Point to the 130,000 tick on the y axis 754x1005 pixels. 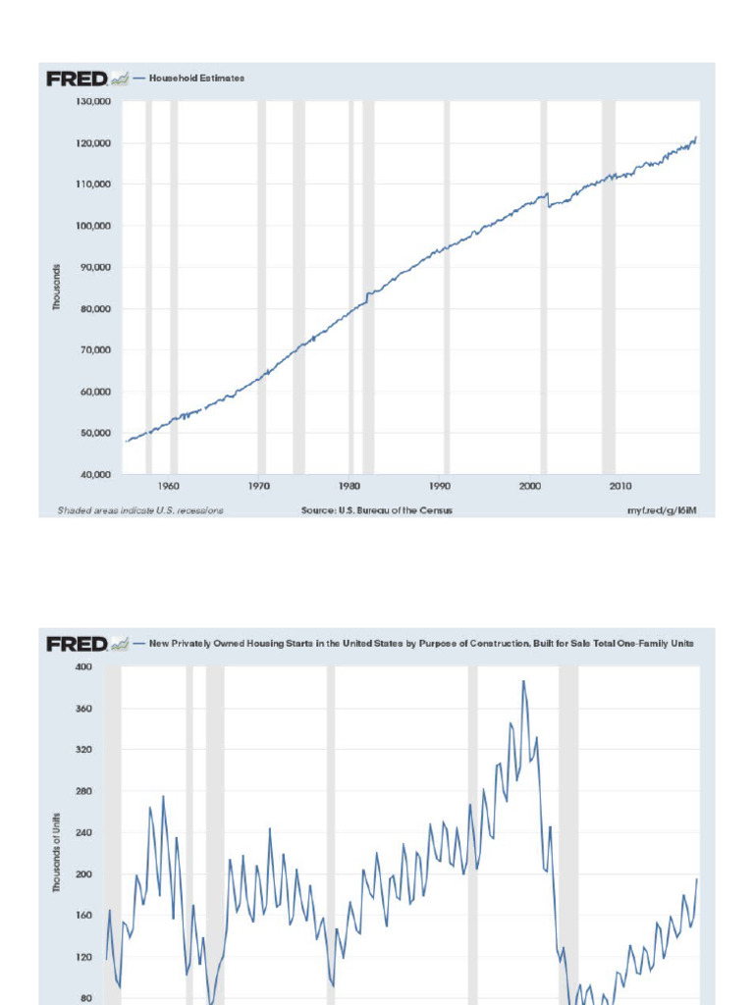tap(94, 101)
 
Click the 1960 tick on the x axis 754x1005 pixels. tap(168, 486)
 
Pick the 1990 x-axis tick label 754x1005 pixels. tap(440, 486)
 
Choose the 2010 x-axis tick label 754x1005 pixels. tap(620, 486)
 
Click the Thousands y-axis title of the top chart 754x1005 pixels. tap(57, 288)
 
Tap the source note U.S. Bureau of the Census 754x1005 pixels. tap(377, 510)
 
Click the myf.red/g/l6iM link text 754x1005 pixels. tap(662, 510)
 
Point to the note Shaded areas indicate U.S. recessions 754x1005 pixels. tap(139, 510)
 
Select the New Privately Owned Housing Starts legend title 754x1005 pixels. tap(421, 644)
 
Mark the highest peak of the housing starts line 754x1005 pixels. tap(523, 681)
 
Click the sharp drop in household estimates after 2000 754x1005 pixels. tap(549, 200)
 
